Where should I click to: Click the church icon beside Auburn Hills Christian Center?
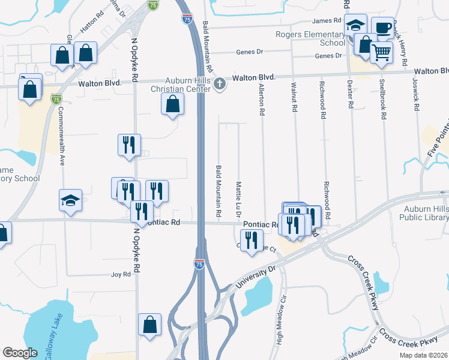pos(220,83)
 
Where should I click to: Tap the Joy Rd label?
pos(121,274)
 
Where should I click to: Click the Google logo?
pos(20,352)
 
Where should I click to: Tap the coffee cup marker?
pos(382,28)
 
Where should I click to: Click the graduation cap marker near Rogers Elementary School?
pos(355,26)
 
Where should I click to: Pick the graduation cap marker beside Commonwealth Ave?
pos(70,200)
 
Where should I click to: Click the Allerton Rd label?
pos(262,99)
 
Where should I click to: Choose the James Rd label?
pos(318,21)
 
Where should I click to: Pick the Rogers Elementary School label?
pos(310,38)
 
